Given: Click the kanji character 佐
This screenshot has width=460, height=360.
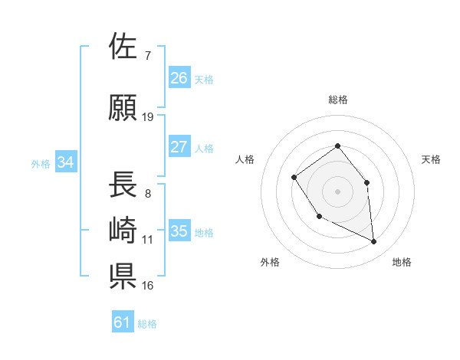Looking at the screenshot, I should (x=123, y=47).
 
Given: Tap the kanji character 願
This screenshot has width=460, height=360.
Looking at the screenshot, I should (x=123, y=108).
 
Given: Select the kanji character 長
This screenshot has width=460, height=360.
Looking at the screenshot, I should (x=123, y=185).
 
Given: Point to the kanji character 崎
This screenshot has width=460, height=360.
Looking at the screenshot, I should (x=123, y=231).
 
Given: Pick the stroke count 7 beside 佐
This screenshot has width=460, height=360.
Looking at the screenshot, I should (x=147, y=56).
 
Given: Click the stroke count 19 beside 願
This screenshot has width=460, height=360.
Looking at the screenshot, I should (x=148, y=117).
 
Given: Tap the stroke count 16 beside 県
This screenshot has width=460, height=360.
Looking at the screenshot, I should (x=148, y=286).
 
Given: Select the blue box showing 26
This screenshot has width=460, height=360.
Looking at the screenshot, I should (x=179, y=78).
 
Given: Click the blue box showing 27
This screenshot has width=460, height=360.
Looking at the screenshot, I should (x=179, y=147).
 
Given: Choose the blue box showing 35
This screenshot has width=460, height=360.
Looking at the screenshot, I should (x=179, y=231).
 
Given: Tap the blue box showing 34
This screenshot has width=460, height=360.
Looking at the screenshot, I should (x=66, y=162).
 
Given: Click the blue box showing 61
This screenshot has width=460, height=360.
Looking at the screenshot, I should (x=122, y=322).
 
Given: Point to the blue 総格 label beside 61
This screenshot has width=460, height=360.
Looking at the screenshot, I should (x=147, y=324).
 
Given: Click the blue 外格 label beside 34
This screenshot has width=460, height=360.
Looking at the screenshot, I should (x=41, y=163).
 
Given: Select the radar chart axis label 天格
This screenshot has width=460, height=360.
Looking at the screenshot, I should (x=431, y=159).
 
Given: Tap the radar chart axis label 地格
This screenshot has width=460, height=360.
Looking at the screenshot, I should (x=402, y=262).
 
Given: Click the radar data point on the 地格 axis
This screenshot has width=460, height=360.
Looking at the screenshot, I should (x=374, y=242).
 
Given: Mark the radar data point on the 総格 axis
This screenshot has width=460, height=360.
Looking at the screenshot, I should (x=337, y=146).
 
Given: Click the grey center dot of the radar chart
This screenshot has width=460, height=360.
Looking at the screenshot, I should (x=337, y=191).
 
